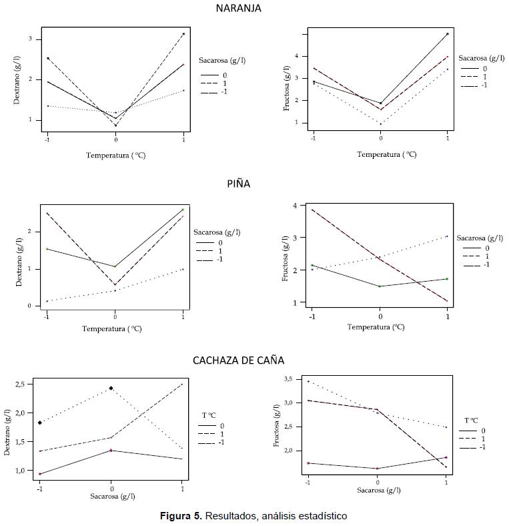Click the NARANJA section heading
[x=238, y=9]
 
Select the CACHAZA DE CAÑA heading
[x=238, y=360]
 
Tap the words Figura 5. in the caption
[x=181, y=516]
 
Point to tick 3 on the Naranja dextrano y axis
[x=30, y=39]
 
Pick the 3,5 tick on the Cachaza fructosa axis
[x=288, y=379]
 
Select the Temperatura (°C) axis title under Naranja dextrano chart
[x=116, y=155]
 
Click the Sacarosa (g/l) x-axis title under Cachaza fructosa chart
[x=378, y=489]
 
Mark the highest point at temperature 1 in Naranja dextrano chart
[x=183, y=33]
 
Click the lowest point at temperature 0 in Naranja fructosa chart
[x=381, y=123]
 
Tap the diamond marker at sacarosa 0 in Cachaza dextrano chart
[x=111, y=388]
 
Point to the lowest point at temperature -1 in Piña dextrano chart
[x=47, y=301]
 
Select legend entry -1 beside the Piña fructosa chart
[x=485, y=265]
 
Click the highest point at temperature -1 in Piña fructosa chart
[x=312, y=210]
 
